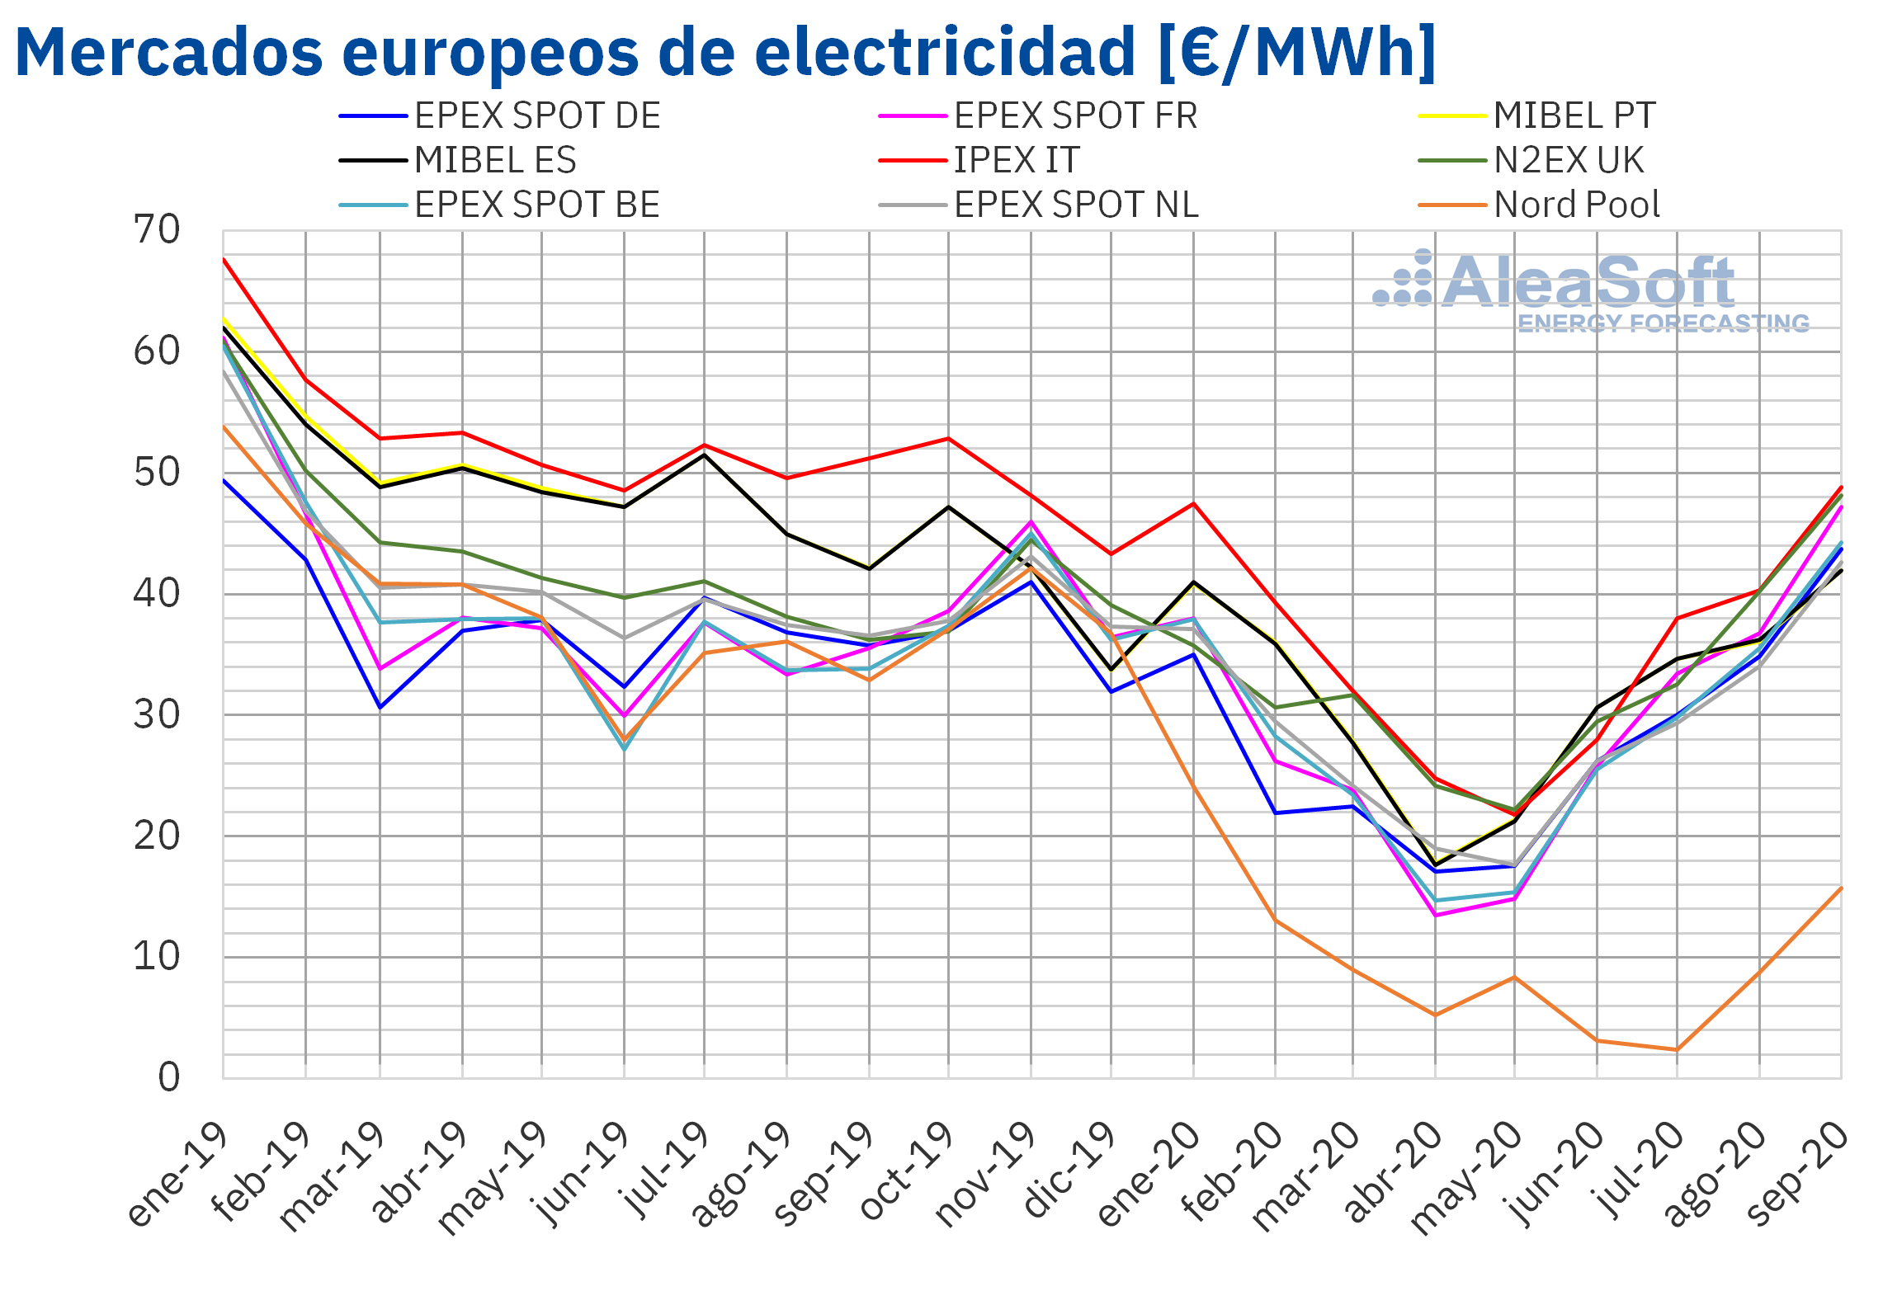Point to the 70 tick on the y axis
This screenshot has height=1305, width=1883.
click(157, 230)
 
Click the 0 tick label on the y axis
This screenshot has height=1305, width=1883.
click(169, 1077)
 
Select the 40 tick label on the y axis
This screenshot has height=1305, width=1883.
click(157, 593)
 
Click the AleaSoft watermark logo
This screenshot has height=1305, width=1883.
click(1591, 291)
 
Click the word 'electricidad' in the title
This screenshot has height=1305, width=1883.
click(945, 51)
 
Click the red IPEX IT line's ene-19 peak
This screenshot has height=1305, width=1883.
click(224, 259)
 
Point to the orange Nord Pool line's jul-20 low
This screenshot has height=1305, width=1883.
click(1677, 1050)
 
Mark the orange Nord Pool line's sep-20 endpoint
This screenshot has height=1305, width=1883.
click(1841, 888)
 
